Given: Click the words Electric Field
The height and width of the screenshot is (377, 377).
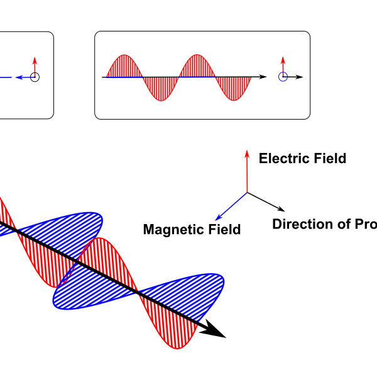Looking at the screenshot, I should point(302,159).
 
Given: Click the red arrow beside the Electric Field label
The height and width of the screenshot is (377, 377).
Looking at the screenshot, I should point(246,170).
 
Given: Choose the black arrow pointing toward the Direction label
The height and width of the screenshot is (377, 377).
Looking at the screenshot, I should point(268,201).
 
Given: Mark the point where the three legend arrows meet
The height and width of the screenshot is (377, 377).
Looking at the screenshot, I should point(246,191).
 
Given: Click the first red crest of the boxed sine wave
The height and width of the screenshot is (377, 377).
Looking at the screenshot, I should point(126,63).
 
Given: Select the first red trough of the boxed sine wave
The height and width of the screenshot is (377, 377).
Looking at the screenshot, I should point(162,91).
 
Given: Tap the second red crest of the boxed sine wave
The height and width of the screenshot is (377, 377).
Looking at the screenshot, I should point(198,63).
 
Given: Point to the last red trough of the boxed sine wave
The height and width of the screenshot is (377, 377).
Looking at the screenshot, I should point(234,91).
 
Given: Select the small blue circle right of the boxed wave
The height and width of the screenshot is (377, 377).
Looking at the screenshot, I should point(283,77).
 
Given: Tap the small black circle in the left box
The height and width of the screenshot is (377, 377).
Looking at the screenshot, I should point(35,77).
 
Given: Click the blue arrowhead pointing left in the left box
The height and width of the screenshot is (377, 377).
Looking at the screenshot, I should point(19,77).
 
